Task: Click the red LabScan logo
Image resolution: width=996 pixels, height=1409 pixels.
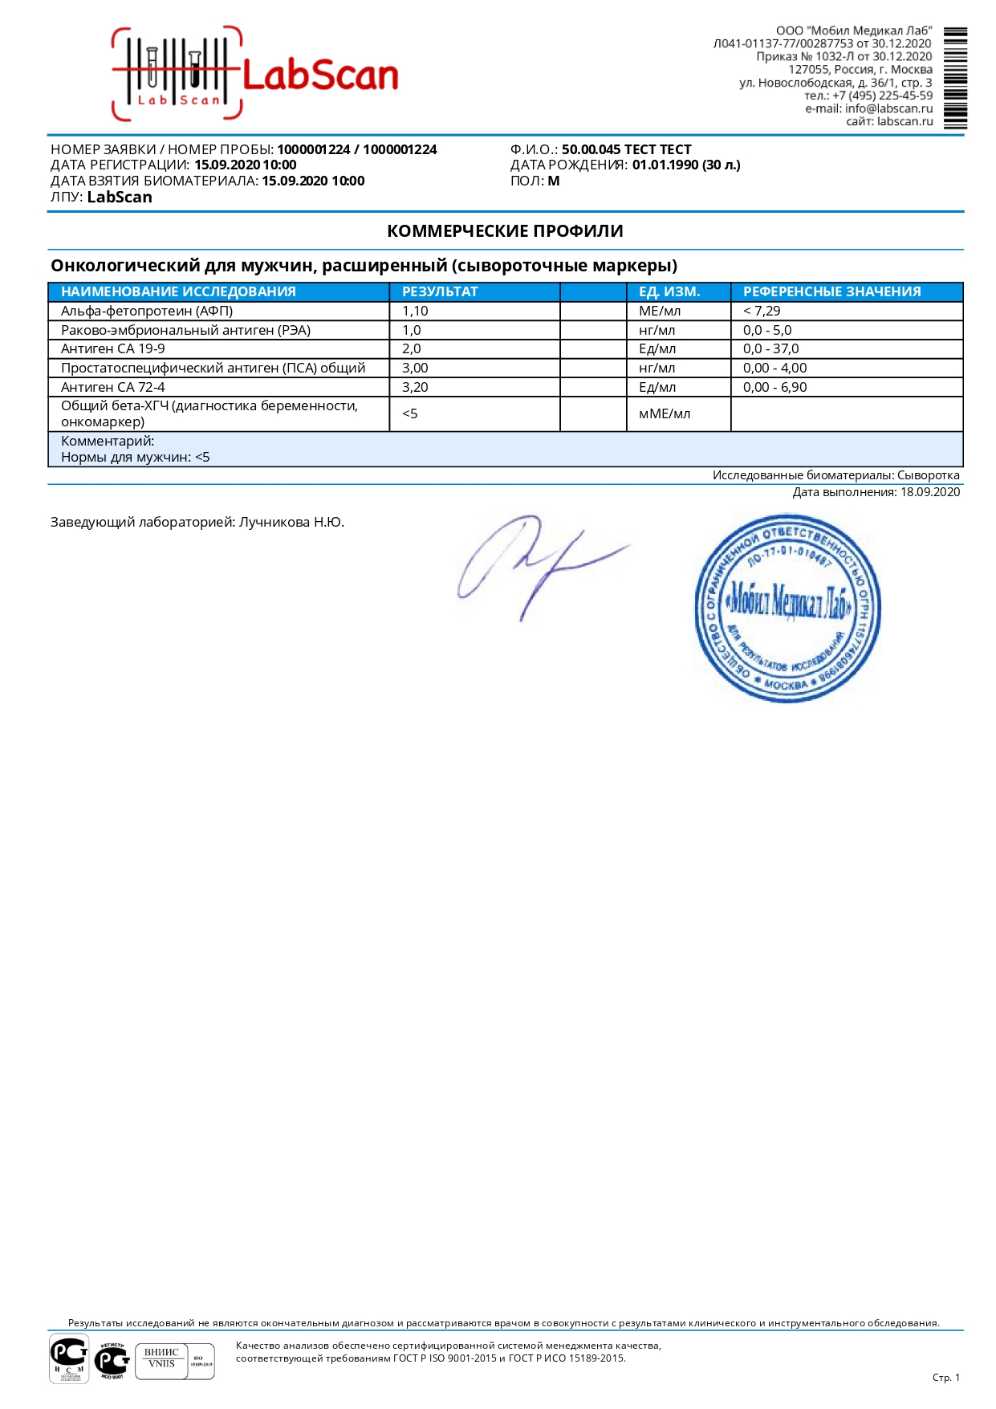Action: click(255, 75)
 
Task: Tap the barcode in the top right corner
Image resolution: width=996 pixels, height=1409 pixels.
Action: click(955, 78)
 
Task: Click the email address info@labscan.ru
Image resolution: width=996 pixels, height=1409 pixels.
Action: click(888, 108)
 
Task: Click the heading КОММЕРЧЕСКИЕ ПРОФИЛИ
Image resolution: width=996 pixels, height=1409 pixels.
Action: click(505, 231)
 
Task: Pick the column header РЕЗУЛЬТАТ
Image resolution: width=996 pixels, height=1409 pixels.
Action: click(440, 291)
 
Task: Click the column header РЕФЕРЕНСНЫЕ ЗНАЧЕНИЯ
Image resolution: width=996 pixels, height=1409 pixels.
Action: click(831, 291)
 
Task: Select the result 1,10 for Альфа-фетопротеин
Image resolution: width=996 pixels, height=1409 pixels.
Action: click(415, 311)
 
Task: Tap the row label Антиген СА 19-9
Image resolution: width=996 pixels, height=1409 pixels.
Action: click(113, 348)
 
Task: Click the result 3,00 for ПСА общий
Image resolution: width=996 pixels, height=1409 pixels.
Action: click(415, 368)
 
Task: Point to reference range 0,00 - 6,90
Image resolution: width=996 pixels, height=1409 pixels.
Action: click(774, 387)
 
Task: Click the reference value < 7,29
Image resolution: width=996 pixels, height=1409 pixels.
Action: click(762, 311)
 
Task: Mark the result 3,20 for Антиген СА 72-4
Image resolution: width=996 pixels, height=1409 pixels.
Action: click(415, 387)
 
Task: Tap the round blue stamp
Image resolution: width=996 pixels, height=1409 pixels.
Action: click(787, 608)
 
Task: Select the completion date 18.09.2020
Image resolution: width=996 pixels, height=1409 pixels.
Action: click(929, 492)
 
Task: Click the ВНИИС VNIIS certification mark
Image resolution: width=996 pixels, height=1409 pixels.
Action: click(162, 1361)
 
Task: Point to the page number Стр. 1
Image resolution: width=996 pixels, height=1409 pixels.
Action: click(945, 1378)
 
